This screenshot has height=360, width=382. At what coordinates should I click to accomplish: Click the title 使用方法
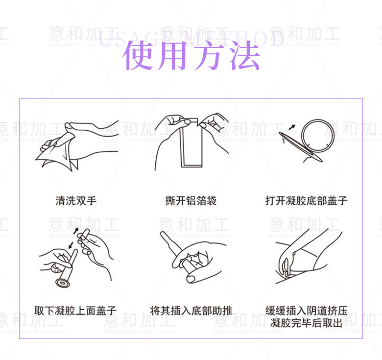[191, 55]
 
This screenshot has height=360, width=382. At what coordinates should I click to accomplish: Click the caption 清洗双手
[76, 200]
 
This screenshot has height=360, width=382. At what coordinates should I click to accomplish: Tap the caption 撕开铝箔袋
[191, 200]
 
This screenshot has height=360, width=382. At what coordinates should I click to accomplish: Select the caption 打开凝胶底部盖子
[307, 200]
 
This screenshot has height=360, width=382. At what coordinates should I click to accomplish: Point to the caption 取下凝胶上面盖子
[76, 311]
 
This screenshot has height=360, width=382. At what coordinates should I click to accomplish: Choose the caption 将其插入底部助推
[191, 311]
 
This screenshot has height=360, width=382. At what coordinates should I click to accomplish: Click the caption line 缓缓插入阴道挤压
[307, 311]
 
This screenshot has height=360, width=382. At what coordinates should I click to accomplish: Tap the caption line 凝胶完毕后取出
[307, 323]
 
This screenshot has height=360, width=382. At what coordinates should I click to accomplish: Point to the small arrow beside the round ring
[292, 127]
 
